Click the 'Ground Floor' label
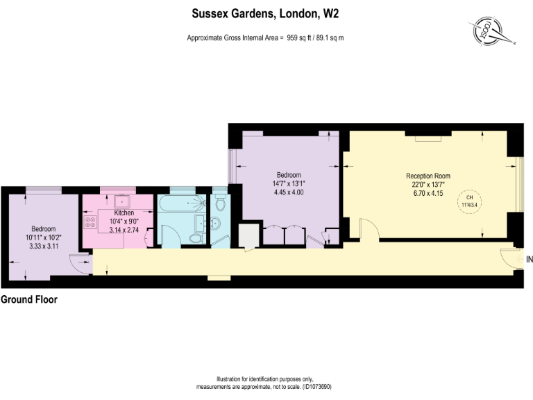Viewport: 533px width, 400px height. coord(28,300)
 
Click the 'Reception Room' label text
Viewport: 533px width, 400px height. coord(428,176)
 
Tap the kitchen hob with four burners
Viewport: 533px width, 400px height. coord(90,224)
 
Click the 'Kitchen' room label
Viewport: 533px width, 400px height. coord(124,212)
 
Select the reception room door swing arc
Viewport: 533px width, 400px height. coord(369,230)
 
